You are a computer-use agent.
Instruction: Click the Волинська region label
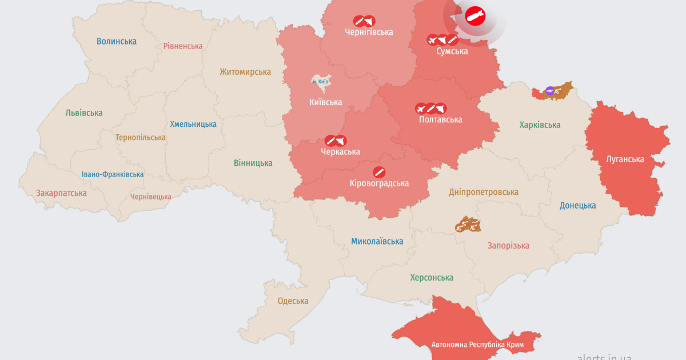coord(117,41)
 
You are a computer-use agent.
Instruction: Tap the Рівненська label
coord(183,46)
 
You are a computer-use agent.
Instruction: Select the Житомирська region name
coord(245,72)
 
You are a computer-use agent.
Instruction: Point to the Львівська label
coord(84,113)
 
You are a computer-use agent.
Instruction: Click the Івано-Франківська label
coord(113,174)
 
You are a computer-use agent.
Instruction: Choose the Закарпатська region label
coord(61,193)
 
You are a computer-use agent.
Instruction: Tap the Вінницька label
coord(253,163)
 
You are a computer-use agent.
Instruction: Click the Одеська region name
coord(293,301)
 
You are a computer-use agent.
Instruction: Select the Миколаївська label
coord(377,241)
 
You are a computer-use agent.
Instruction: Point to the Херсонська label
coord(432,277)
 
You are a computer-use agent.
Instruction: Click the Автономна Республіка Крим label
coord(477,345)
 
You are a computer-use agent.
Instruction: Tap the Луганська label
coord(625,159)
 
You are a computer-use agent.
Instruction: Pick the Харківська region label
coord(540,125)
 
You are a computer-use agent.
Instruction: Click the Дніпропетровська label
coord(484,192)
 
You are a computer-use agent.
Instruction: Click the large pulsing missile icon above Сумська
coord(475,17)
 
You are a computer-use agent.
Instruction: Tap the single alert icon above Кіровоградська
coord(379,172)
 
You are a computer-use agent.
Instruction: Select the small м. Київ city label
coord(320,82)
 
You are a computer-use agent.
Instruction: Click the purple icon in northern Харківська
coord(549,90)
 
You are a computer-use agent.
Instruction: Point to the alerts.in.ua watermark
coord(604,356)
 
